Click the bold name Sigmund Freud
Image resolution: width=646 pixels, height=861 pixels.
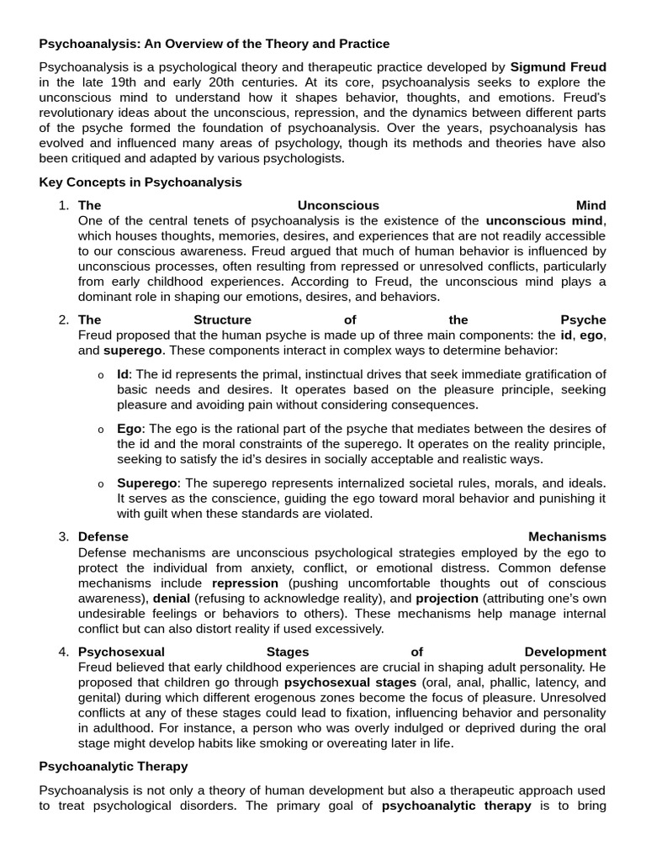click(559, 66)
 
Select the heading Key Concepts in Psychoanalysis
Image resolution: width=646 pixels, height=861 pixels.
click(140, 182)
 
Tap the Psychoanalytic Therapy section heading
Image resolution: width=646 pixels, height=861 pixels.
click(114, 767)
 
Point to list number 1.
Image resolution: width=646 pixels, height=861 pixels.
click(64, 205)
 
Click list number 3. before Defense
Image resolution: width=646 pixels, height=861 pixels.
click(64, 536)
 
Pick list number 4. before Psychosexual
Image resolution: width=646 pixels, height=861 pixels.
click(64, 652)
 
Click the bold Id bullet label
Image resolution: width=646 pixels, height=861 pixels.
click(124, 373)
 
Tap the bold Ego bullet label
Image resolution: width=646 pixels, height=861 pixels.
click(130, 429)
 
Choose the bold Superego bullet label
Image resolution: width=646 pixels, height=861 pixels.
click(147, 483)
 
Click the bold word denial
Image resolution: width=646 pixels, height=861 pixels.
click(172, 598)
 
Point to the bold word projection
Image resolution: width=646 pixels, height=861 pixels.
click(447, 598)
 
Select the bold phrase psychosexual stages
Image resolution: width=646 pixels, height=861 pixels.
click(350, 682)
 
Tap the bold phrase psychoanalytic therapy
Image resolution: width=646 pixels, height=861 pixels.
click(456, 806)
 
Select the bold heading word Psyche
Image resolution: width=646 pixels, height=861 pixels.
click(583, 320)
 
